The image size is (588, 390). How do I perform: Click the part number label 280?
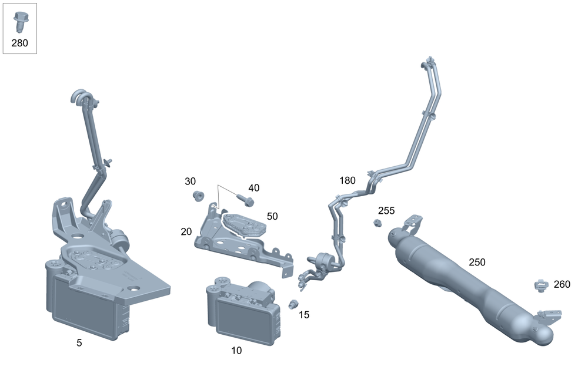click(x=19, y=43)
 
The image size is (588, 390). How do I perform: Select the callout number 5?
click(x=79, y=343)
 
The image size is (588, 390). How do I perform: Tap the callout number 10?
click(x=236, y=351)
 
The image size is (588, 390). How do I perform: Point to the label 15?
click(x=303, y=315)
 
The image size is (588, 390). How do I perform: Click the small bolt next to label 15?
click(x=292, y=304)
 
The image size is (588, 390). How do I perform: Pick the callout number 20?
click(x=186, y=232)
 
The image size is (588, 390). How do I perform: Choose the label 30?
click(x=191, y=181)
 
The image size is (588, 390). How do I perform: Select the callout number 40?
click(x=253, y=188)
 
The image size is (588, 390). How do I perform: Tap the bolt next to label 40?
click(x=247, y=201)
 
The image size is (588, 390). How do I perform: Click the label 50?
click(x=272, y=216)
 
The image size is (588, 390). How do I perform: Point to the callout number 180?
click(x=348, y=180)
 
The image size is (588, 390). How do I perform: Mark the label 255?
click(x=386, y=210)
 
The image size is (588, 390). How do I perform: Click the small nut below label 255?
click(x=377, y=223)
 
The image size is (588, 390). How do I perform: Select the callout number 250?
click(x=477, y=262)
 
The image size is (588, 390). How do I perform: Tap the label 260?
click(x=562, y=284)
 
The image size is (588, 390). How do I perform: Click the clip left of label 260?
click(x=540, y=285)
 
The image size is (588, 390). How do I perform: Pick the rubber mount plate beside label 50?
click(x=242, y=224)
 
